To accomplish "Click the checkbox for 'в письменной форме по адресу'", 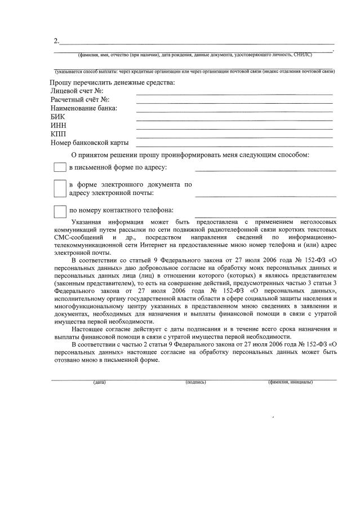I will tap(60, 167).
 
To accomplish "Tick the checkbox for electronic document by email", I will tap(60, 189).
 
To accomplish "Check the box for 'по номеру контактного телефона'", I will tap(60, 211).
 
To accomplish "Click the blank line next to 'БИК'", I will tap(234, 119).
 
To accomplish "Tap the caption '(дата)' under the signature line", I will tap(100, 383).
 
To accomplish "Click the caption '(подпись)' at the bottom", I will tap(195, 383).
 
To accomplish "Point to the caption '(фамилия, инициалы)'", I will tap(290, 383).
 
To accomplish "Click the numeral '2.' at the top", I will tap(56, 41).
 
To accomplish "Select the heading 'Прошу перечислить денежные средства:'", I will tap(112, 82).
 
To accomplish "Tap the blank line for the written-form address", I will tap(265, 170).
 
